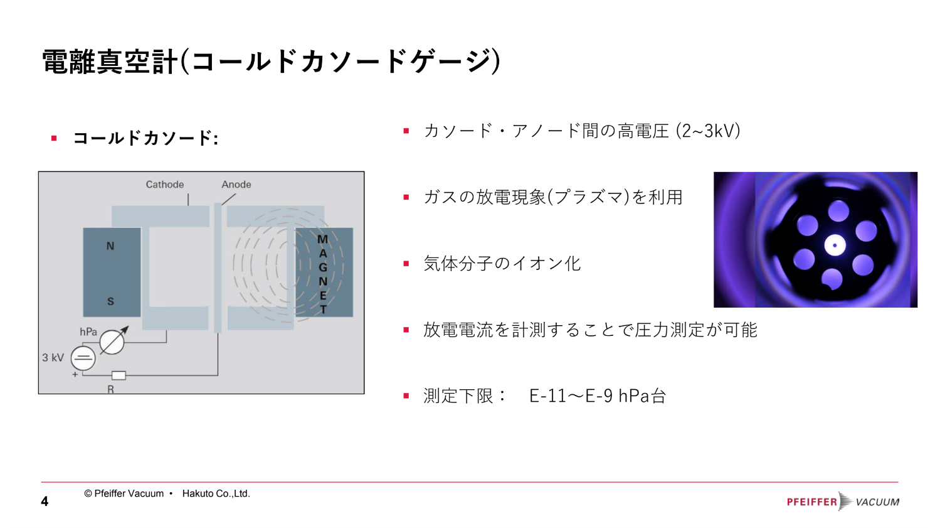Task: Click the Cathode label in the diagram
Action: click(x=164, y=185)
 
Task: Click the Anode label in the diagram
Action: click(x=236, y=185)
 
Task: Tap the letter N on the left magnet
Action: click(x=110, y=246)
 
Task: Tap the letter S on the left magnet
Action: click(x=110, y=301)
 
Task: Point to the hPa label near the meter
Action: click(x=88, y=332)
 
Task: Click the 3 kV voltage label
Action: click(x=53, y=357)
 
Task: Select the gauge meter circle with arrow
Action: click(x=112, y=342)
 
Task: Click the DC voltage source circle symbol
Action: click(x=83, y=358)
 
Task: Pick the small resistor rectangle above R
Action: click(x=119, y=375)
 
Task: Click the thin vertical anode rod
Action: click(x=218, y=268)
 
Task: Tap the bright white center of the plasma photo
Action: click(x=835, y=245)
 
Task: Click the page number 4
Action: click(x=45, y=501)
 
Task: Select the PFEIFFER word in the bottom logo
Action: click(x=812, y=502)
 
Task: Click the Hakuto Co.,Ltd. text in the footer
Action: click(x=216, y=493)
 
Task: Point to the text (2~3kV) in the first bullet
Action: click(x=707, y=131)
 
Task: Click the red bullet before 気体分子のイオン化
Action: click(x=406, y=264)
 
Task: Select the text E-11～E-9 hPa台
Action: click(x=598, y=396)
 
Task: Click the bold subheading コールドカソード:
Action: click(x=145, y=138)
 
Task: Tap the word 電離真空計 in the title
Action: click(x=110, y=62)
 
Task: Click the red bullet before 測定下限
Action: click(x=406, y=396)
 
